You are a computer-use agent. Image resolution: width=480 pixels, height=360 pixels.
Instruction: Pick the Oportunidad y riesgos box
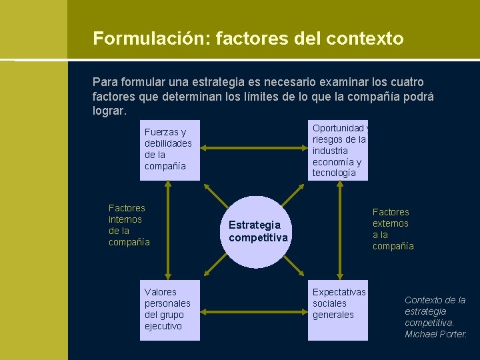[x=339, y=150]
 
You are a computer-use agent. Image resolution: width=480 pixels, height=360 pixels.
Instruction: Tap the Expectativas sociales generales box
[x=339, y=310]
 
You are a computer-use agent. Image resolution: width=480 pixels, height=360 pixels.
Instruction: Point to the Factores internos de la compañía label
[x=129, y=225]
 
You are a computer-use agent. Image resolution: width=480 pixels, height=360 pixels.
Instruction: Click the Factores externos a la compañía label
[x=393, y=229]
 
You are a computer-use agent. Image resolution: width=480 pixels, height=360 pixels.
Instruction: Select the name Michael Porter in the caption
[x=436, y=334]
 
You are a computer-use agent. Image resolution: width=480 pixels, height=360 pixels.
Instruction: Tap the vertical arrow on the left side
[x=169, y=230]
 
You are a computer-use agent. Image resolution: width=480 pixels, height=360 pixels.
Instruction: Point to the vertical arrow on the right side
[x=339, y=230]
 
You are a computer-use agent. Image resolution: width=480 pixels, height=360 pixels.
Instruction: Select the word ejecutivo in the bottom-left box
[x=163, y=326]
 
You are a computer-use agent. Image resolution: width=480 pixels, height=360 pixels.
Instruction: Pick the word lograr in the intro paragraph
[x=108, y=111]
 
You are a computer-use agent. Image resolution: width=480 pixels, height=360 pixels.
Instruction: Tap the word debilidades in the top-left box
[x=168, y=143]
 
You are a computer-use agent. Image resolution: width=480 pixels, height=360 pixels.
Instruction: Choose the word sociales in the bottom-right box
[x=329, y=303]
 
